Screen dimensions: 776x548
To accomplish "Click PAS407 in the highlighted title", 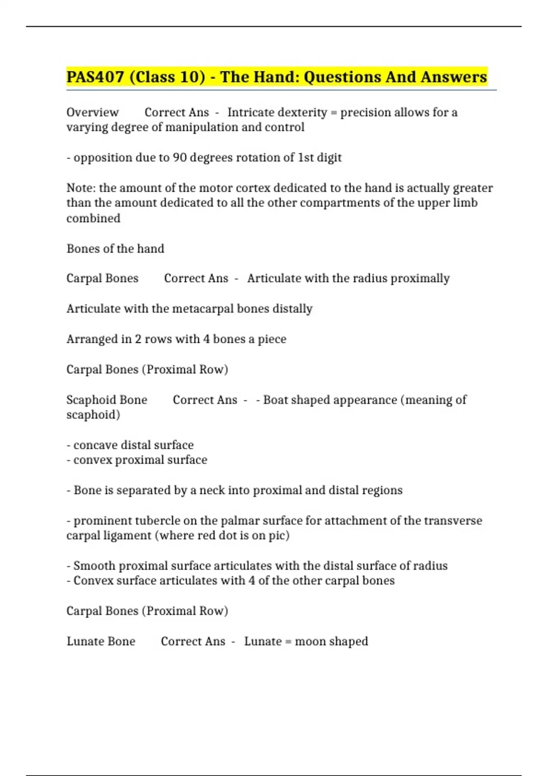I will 95,77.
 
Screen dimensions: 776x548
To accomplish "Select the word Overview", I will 92,112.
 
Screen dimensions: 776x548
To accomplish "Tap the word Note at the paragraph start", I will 80,188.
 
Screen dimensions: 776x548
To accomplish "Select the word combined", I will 93,218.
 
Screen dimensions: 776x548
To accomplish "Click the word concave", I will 95,445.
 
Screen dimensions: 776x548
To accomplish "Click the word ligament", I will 129,535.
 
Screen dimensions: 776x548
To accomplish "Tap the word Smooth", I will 94,566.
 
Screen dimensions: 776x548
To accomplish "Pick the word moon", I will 310,641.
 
